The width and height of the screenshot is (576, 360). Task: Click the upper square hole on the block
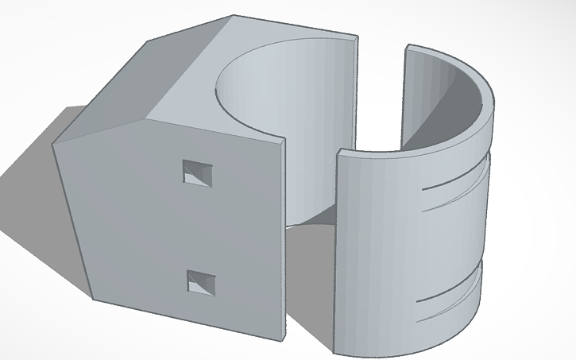click(x=198, y=173)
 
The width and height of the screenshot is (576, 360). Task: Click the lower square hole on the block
click(x=201, y=282)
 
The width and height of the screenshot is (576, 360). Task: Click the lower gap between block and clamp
click(x=310, y=270)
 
